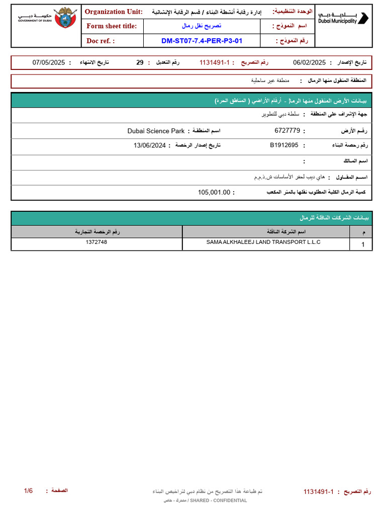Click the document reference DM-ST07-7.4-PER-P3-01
coord(202,41)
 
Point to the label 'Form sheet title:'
coord(112,26)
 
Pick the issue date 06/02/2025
coord(309,62)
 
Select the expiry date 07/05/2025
coord(49,62)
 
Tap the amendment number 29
coord(140,62)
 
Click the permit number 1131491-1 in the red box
coord(215,62)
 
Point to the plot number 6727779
coord(287,131)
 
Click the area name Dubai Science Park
coord(156,131)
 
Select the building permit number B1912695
coord(284,145)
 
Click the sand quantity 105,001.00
coord(214,192)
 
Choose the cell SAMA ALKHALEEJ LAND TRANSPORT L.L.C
coord(263,242)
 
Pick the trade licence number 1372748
coord(96,242)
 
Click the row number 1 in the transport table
coord(363,244)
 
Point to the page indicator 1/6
coord(28,490)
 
